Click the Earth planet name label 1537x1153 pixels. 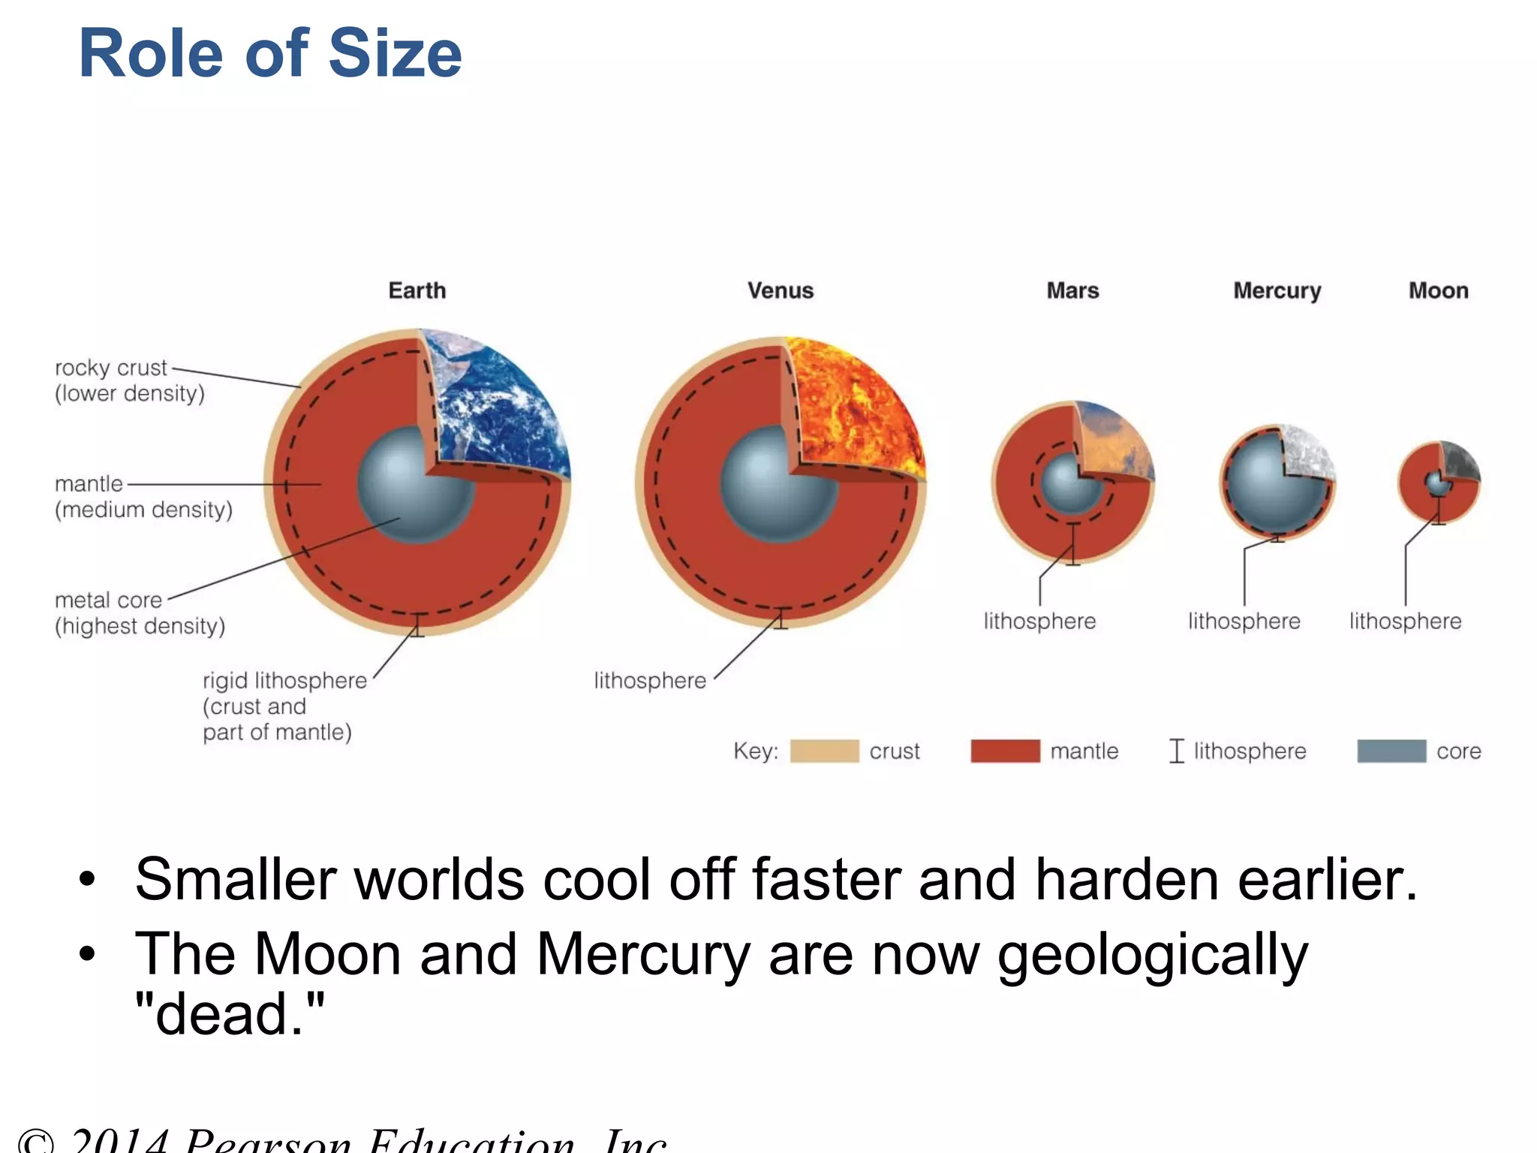tap(417, 291)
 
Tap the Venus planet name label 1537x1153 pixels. tap(780, 291)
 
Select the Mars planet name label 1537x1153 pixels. tap(1072, 291)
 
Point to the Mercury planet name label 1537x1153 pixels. tap(1277, 291)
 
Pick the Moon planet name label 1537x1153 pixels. tap(1438, 291)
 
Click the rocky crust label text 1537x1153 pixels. tap(111, 368)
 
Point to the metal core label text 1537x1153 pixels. tap(109, 601)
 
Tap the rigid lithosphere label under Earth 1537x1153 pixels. tap(285, 681)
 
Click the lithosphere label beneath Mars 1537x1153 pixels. tap(1039, 622)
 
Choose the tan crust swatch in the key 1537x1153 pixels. tap(824, 751)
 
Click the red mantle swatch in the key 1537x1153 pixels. tap(1005, 751)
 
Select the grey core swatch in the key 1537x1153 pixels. tap(1391, 751)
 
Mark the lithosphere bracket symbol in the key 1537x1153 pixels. tap(1176, 751)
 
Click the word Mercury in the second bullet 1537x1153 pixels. tap(642, 955)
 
